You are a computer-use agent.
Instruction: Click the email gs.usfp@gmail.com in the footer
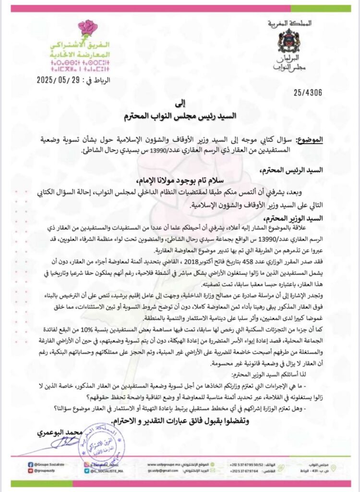click(x=156, y=471)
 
